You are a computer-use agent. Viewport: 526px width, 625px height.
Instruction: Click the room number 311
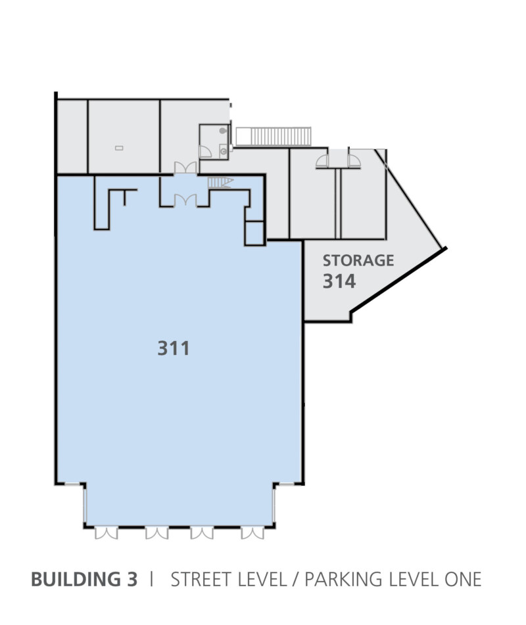point(174,348)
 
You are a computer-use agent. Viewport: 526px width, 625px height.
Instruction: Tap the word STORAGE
point(358,260)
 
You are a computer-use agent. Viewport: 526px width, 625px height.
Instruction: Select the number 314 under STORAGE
point(339,281)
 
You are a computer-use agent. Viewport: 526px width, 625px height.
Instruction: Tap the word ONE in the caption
point(463,579)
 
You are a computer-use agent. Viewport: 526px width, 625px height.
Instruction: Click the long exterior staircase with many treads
point(274,136)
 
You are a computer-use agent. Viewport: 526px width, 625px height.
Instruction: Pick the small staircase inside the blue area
point(220,183)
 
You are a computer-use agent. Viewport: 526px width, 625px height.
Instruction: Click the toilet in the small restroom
point(224,130)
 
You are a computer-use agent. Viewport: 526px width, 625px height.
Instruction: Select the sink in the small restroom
point(224,151)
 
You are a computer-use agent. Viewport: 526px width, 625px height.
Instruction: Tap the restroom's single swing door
point(205,151)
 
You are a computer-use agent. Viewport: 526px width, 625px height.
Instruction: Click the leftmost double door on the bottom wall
point(106,533)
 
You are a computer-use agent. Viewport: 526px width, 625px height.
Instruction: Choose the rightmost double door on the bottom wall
point(252,533)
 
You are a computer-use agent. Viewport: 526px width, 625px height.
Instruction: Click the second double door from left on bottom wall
point(156,533)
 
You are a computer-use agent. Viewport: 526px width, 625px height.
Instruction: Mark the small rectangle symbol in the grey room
point(119,148)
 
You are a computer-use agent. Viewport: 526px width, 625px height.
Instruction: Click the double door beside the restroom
point(185,168)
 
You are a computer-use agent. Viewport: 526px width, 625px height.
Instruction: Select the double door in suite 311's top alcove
point(185,200)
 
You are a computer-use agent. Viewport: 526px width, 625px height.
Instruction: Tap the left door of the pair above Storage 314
point(322,161)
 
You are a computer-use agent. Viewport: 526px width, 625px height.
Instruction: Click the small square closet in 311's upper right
point(254,233)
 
